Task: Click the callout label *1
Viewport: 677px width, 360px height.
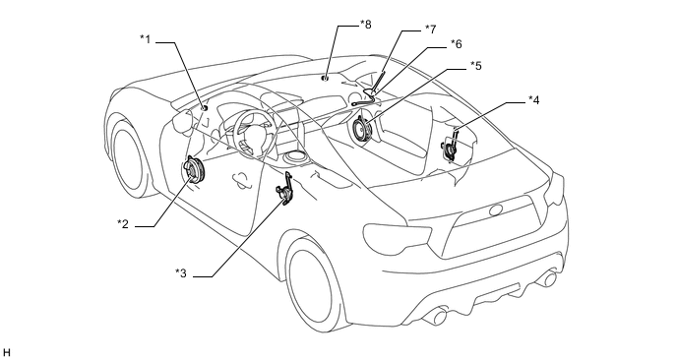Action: click(x=145, y=38)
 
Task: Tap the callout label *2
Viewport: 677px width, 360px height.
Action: click(x=123, y=223)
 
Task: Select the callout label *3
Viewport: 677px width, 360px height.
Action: click(x=181, y=272)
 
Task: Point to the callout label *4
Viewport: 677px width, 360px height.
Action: click(x=534, y=100)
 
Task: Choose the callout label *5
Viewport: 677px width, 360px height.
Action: click(x=476, y=66)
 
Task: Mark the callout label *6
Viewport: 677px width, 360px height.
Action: click(x=456, y=43)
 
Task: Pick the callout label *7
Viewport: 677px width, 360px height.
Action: click(x=430, y=29)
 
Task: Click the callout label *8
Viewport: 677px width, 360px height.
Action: click(x=365, y=25)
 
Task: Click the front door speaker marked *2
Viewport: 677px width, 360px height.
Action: click(x=194, y=171)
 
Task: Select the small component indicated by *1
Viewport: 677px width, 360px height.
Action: click(x=205, y=107)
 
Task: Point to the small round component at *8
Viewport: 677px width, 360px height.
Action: click(x=325, y=78)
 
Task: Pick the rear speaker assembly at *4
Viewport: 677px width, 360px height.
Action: click(x=450, y=146)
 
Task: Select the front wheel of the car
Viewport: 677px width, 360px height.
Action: click(x=127, y=158)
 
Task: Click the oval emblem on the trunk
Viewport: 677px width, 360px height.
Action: click(x=497, y=211)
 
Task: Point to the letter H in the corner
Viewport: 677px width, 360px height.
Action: click(x=6, y=353)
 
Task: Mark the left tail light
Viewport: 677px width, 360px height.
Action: click(x=398, y=238)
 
